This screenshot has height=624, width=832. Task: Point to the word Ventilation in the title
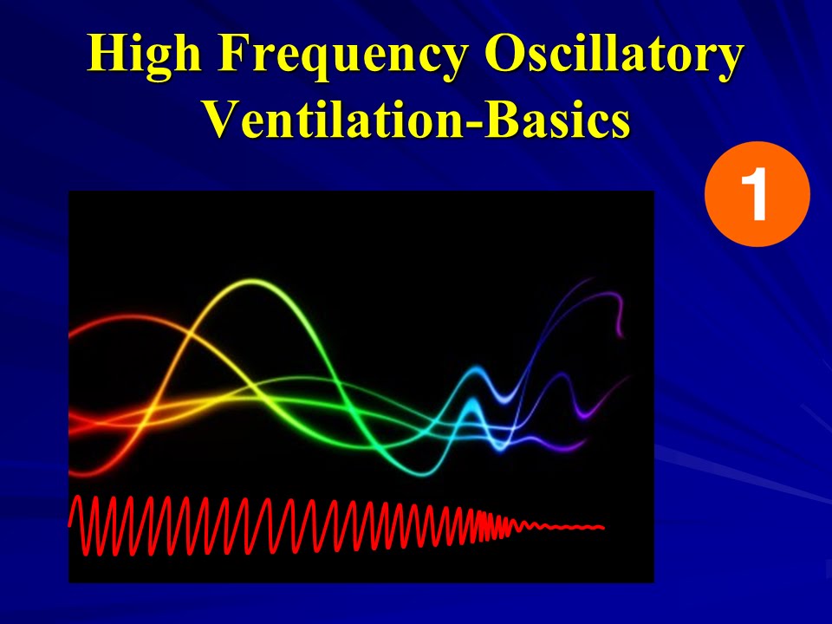click(330, 120)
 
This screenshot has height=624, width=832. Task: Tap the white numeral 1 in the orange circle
click(757, 195)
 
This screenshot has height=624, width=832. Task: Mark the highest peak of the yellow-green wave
click(252, 282)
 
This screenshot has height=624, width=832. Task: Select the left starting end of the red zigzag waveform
click(72, 521)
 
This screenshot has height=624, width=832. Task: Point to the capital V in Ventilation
click(222, 120)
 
